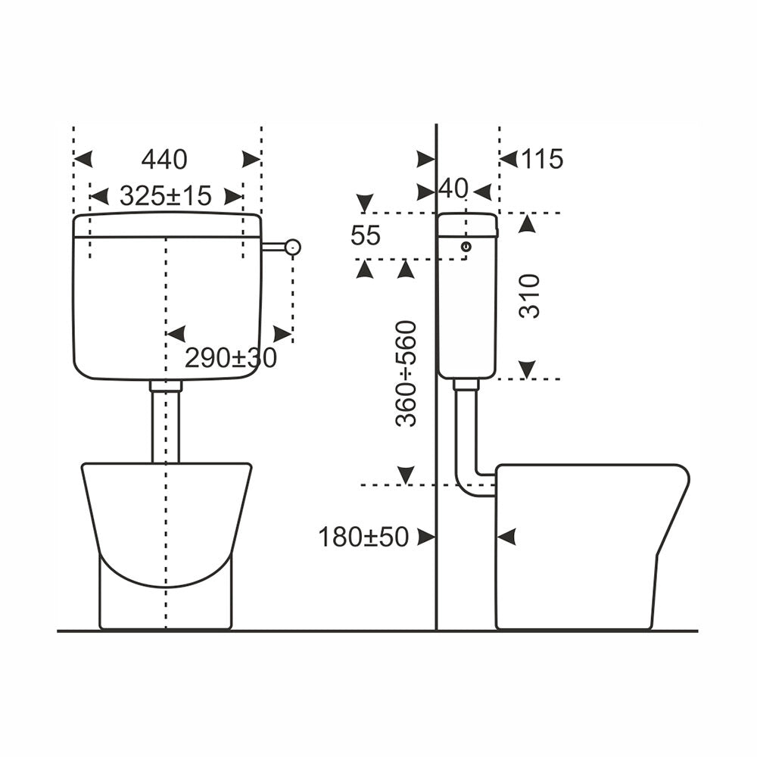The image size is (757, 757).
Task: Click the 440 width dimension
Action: click(164, 159)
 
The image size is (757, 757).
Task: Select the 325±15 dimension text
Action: click(166, 196)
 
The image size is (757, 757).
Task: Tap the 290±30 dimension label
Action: click(231, 358)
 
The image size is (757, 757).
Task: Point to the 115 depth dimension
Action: click(542, 159)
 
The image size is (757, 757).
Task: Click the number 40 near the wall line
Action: click(453, 188)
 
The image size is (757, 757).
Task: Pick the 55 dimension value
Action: click(366, 235)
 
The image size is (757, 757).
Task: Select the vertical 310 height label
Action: click(529, 296)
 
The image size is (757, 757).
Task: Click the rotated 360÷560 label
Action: click(406, 374)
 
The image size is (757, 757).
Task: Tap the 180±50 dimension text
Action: click(363, 537)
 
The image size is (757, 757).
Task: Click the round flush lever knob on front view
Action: click(292, 248)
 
